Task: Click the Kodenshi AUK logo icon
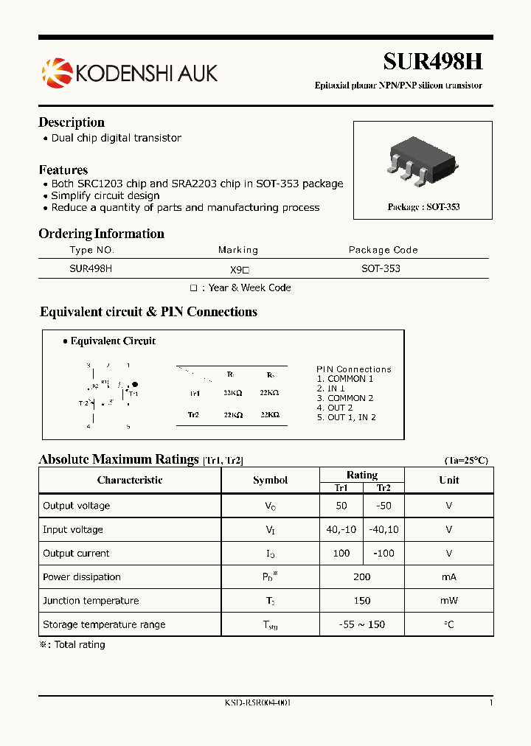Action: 56,72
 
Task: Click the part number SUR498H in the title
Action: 432,62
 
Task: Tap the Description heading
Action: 72,122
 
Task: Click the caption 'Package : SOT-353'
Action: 423,207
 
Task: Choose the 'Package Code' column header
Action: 383,250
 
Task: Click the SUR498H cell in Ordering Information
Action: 91,269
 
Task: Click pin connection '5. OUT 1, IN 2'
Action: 346,417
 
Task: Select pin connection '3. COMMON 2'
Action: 344,398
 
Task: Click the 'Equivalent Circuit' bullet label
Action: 112,341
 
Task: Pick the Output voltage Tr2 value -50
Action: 383,506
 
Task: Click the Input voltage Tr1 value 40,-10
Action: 341,529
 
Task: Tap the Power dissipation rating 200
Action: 362,576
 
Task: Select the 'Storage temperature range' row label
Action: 104,624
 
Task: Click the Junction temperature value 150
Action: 362,601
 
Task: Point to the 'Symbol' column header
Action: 270,480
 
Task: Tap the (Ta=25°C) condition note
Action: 465,461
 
